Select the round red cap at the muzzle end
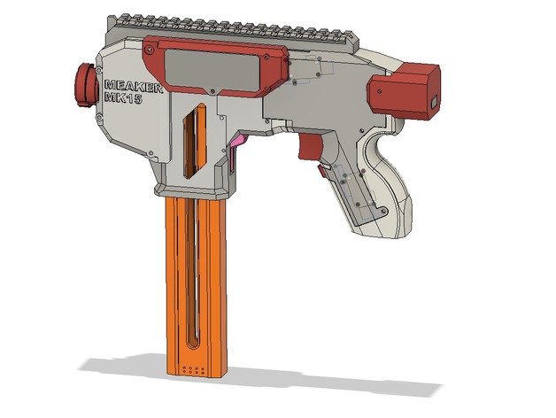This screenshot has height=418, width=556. point(83,83)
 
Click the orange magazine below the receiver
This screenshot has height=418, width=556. point(194,283)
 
